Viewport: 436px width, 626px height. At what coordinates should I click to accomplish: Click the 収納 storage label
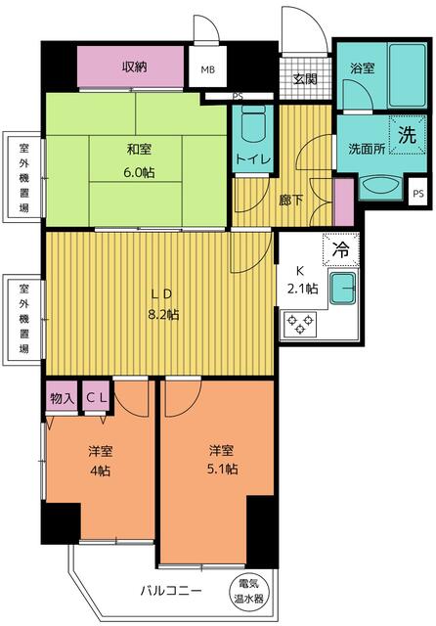(x=136, y=67)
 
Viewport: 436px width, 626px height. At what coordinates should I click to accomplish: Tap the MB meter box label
(x=208, y=69)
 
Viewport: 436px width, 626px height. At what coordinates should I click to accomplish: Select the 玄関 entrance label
(x=303, y=80)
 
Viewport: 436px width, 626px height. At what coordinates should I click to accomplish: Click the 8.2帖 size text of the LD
(x=164, y=315)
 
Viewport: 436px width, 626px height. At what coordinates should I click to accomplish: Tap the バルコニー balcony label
(x=170, y=592)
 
